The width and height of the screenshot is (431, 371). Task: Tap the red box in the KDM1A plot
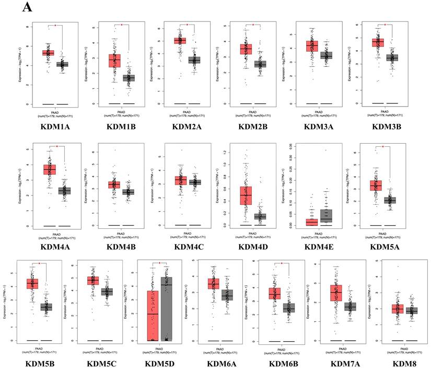coord(48,53)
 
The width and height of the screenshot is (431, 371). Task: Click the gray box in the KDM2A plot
coord(194,61)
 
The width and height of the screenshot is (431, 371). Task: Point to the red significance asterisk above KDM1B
coord(121,25)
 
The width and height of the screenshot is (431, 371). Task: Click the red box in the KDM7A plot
coord(335,293)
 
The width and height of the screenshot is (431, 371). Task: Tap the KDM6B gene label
coord(281,363)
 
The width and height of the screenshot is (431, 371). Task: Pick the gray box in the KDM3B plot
coord(392,57)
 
